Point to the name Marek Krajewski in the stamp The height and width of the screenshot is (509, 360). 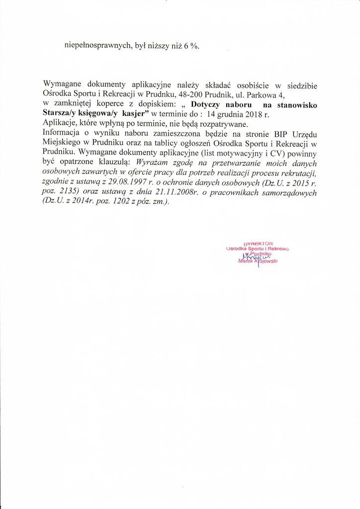tap(258, 261)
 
